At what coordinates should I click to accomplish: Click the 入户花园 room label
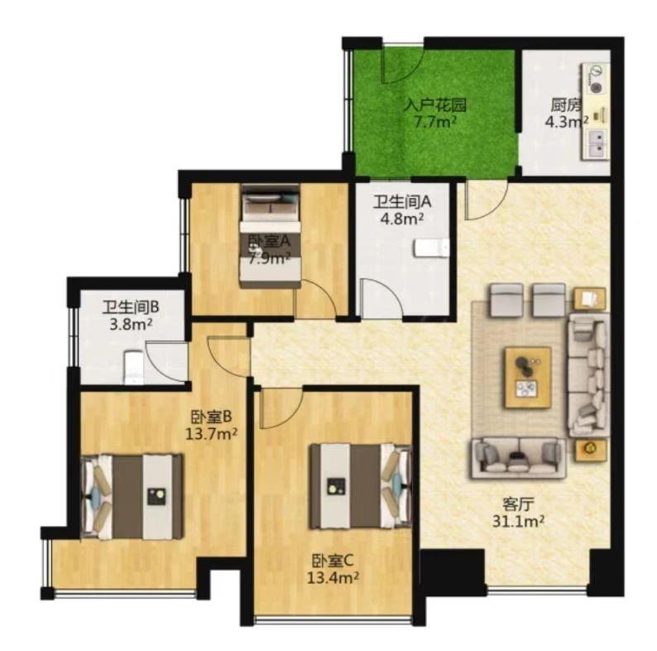tap(434, 105)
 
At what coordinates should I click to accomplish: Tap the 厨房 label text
tap(567, 104)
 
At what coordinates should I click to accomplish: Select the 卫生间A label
tap(402, 202)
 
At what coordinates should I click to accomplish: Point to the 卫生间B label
tap(131, 308)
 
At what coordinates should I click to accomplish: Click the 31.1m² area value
tap(518, 522)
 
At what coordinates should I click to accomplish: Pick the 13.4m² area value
tap(333, 578)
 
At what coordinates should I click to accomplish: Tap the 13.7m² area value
tap(212, 433)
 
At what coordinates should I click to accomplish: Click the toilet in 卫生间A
tap(431, 248)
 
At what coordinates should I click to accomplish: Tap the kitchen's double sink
tap(596, 143)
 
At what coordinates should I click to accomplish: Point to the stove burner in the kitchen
tap(596, 88)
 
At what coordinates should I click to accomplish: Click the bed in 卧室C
tap(361, 486)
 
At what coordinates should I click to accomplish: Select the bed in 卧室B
tap(132, 496)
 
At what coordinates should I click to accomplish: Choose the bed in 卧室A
tap(271, 236)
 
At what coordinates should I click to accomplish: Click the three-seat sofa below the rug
tap(519, 458)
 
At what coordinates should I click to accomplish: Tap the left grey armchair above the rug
tap(507, 300)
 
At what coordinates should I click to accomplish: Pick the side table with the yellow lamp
tap(590, 450)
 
